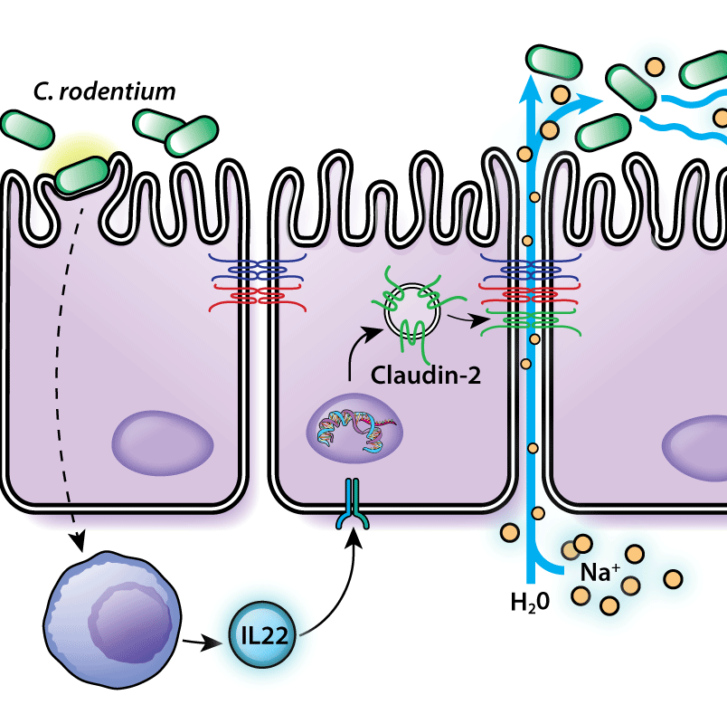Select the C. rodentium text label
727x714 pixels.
104,91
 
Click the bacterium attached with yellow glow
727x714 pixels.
82,175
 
